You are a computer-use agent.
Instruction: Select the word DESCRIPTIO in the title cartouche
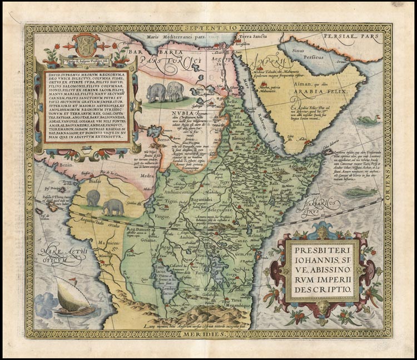click(322, 289)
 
